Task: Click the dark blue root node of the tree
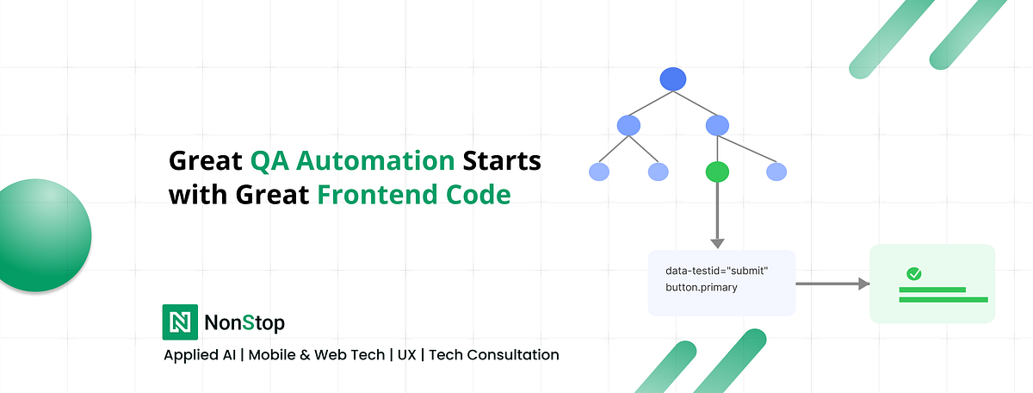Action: tap(673, 79)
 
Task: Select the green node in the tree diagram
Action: tap(717, 172)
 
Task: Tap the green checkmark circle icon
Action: tap(913, 274)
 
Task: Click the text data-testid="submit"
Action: tap(716, 271)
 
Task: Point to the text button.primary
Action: tap(701, 287)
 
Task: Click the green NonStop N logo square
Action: tap(180, 321)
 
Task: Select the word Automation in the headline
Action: tap(375, 160)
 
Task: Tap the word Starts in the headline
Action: tap(502, 160)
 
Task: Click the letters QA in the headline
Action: tap(269, 161)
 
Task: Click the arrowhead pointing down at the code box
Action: tap(717, 243)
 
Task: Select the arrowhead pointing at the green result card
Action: tap(863, 284)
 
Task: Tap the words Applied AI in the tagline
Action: tap(200, 355)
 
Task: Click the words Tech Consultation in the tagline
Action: tap(494, 355)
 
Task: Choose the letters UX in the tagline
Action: tap(406, 355)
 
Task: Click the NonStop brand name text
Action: tap(244, 323)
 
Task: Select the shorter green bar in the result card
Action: tap(932, 290)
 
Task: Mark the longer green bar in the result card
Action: tap(943, 300)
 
